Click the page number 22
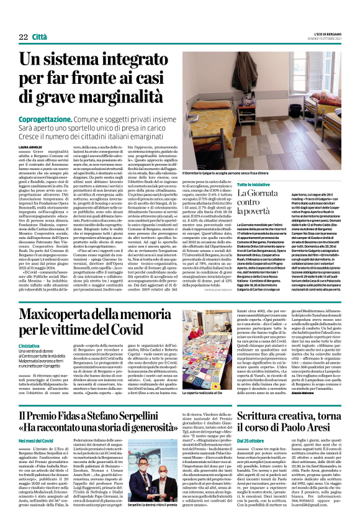pyautogui.click(x=23, y=37)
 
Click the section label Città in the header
pyautogui.click(x=40, y=37)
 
